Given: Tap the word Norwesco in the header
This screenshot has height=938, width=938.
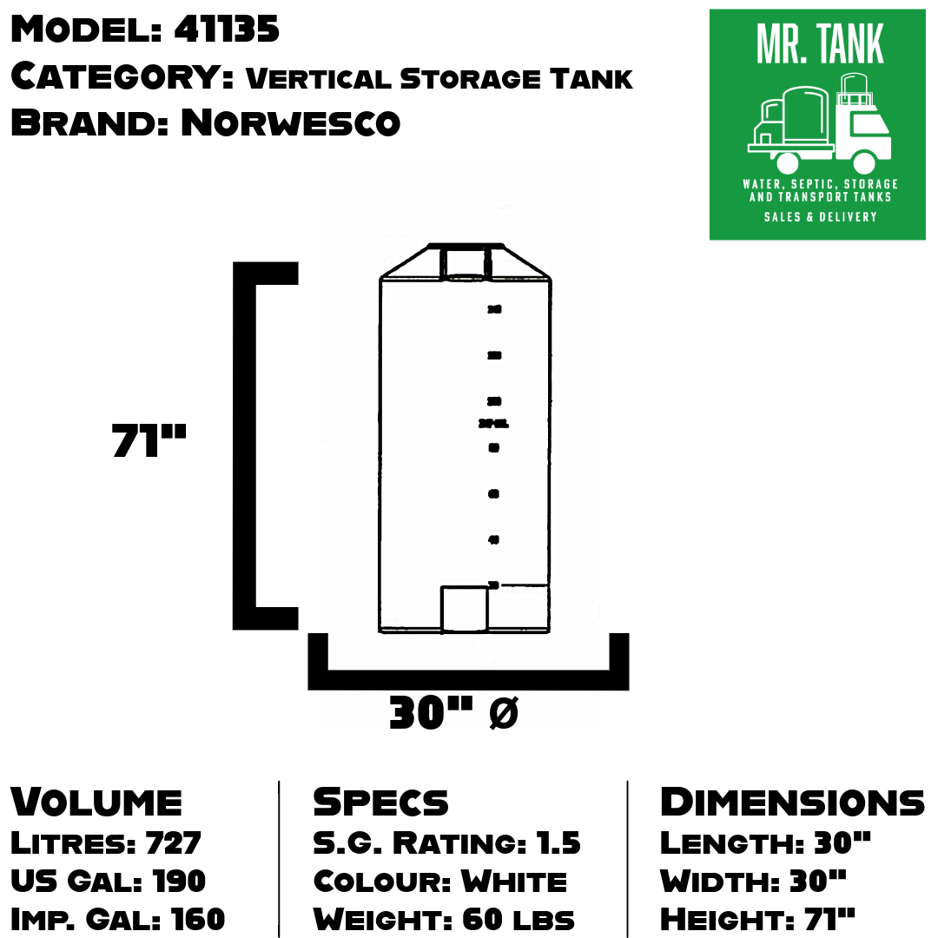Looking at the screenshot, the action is (290, 123).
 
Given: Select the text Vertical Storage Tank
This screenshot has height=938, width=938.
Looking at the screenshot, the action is (439, 78).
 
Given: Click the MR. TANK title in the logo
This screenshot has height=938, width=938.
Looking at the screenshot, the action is (820, 45).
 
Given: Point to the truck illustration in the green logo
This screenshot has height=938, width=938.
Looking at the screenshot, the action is (818, 126).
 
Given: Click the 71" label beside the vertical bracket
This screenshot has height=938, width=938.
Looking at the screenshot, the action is (149, 440).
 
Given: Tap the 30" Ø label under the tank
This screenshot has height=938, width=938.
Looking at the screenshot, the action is (453, 714).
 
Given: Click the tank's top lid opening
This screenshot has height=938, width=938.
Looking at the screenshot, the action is (466, 262).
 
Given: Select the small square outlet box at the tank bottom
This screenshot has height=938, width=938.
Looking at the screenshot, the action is (464, 608).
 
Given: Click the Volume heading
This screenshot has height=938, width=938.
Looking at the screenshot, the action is (96, 802).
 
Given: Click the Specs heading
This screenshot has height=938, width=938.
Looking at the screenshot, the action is (380, 802).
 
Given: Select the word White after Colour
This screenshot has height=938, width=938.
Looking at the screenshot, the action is (513, 881).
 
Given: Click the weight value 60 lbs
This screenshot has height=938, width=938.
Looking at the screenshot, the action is (518, 918).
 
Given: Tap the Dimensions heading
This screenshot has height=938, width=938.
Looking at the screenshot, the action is (792, 802).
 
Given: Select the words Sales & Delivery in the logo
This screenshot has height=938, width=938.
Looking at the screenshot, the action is (820, 216).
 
